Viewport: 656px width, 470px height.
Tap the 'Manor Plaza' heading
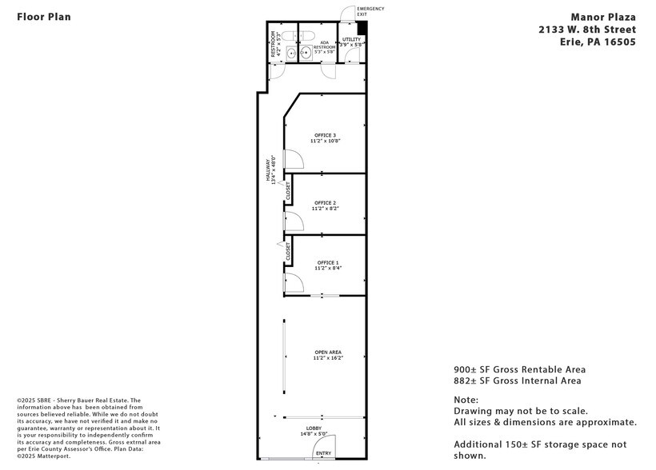coord(603,16)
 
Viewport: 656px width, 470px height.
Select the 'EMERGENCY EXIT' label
coord(370,11)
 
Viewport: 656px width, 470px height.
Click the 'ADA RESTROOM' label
coord(324,45)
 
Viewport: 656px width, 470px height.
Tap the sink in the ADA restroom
coord(306,54)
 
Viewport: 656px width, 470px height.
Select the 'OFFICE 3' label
coord(325,135)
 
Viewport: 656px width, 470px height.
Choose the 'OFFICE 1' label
coord(327,263)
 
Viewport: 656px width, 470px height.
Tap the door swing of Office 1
coord(293,282)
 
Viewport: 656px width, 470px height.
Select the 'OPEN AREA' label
coord(328,352)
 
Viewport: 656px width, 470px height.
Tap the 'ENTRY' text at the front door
coord(323,454)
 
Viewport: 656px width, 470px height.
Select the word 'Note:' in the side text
coord(466,400)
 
